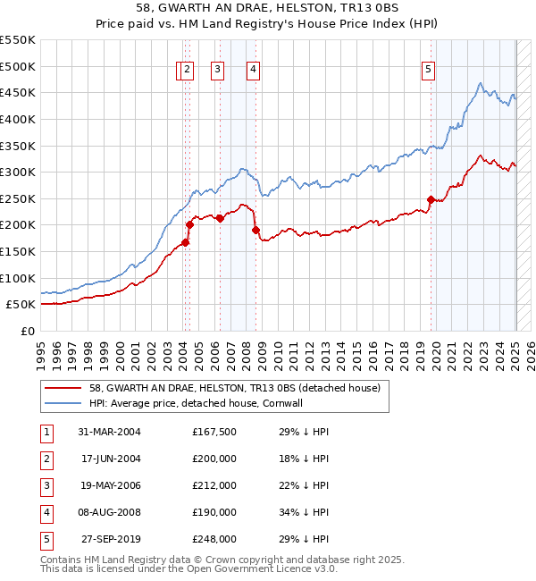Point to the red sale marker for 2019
pyautogui.click(x=431, y=199)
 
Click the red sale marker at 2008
pyautogui.click(x=255, y=230)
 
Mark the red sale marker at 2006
pyautogui.click(x=220, y=218)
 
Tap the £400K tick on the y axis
pyautogui.click(x=18, y=119)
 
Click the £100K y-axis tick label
pyautogui.click(x=18, y=278)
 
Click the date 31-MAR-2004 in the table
pyautogui.click(x=110, y=432)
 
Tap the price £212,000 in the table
pyautogui.click(x=214, y=485)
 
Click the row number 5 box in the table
pyautogui.click(x=45, y=539)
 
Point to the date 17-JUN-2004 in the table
pyautogui.click(x=110, y=459)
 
